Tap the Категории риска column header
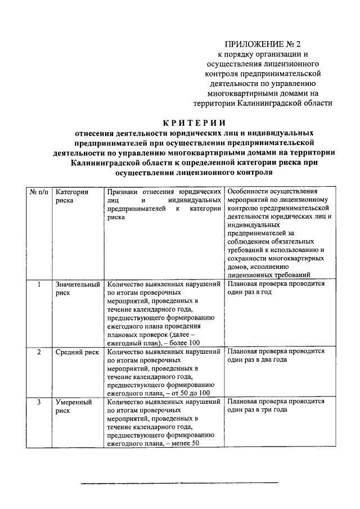point(72,196)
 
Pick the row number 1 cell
point(39,285)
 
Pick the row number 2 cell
point(39,352)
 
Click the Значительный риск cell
point(78,289)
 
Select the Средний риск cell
point(77,352)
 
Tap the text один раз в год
point(250,293)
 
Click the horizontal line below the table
point(179,483)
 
